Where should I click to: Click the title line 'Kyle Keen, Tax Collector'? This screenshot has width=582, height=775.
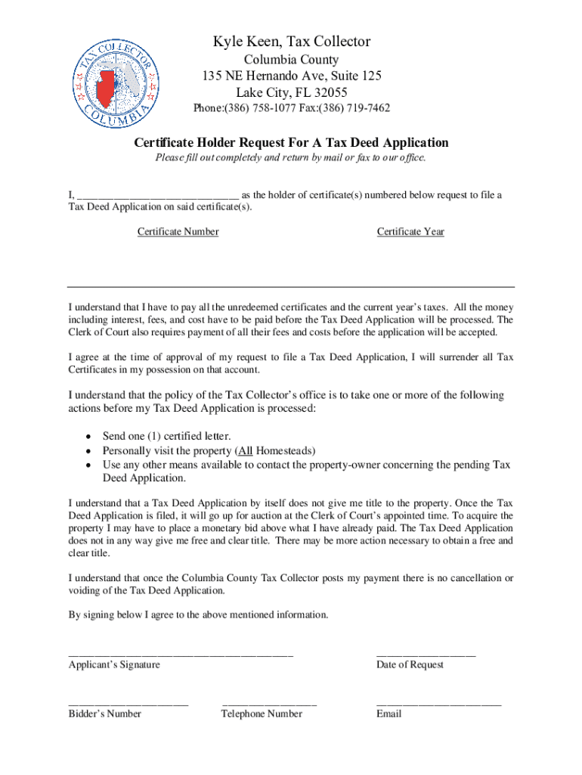coord(291,42)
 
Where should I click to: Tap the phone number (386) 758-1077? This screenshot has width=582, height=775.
coord(255,108)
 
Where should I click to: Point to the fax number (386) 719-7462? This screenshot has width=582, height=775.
coord(354,108)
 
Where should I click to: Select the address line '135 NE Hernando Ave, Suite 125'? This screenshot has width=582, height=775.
coord(291,76)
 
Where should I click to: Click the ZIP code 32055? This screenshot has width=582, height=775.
coord(330,92)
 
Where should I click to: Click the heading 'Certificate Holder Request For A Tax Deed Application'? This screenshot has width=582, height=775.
coord(291,143)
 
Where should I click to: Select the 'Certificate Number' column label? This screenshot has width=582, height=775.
coord(178,232)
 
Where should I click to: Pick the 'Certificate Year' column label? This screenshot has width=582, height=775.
coord(410,232)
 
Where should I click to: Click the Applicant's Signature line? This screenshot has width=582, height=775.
coord(181,654)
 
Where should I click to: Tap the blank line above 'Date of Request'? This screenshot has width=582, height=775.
coord(426,654)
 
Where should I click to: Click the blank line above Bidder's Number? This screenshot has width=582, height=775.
coord(128,703)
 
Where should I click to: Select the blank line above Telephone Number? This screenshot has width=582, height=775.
coord(269,703)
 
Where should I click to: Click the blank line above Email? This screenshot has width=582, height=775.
coord(438,703)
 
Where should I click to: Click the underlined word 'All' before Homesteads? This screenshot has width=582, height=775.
coord(245,450)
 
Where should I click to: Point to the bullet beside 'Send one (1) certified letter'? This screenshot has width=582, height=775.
coord(89,437)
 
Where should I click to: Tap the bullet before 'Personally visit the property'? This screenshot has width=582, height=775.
coord(89,450)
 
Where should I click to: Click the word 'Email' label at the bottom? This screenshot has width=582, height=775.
coord(389,714)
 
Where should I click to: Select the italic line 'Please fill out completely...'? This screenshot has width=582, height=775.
coord(291,158)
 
